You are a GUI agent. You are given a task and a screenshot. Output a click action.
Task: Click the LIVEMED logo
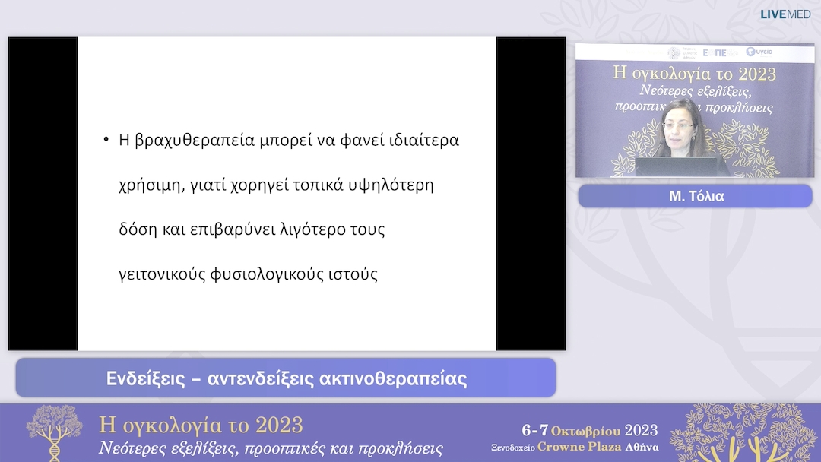pos(785,14)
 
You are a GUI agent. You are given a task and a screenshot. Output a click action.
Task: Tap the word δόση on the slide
pos(138,229)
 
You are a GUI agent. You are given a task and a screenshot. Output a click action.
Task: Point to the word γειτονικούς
pos(166,274)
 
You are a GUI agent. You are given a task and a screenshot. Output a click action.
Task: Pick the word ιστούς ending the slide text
pos(351,274)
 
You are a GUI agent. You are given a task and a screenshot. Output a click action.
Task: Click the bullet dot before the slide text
pos(106,141)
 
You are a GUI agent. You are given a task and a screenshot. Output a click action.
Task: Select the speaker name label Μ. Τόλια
pos(695,196)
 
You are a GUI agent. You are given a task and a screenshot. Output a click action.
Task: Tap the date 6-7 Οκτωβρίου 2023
pos(589,431)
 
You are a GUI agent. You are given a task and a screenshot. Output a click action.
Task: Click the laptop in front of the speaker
pos(674,166)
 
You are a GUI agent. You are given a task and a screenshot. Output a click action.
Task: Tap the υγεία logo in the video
pos(760,52)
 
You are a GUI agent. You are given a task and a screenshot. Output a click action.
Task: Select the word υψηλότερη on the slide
pos(394,185)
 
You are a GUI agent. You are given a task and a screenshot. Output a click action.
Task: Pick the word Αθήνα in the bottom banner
pos(642,447)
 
